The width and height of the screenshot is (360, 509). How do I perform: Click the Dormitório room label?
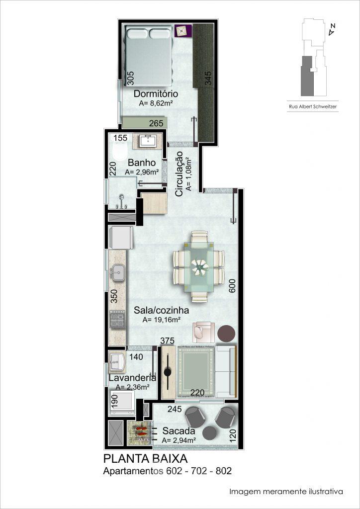click(x=156, y=94)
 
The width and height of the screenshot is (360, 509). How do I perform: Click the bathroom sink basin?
click(x=148, y=141)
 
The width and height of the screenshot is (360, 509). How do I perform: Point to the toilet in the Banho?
click(x=120, y=149)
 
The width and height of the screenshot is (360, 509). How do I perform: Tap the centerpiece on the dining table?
click(x=199, y=267)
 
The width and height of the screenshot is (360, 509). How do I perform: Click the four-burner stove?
click(x=117, y=320)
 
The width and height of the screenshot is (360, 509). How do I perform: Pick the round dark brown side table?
click(x=226, y=334)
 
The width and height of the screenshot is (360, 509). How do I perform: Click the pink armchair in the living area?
click(x=203, y=332)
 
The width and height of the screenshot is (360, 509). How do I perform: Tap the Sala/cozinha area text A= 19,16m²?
click(x=161, y=320)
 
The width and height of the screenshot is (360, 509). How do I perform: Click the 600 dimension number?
click(x=232, y=286)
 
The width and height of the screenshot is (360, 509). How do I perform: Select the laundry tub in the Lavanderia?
click(x=117, y=362)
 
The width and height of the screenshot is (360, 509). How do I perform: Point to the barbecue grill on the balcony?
click(x=139, y=433)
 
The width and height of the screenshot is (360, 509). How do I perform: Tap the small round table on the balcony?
click(x=210, y=432)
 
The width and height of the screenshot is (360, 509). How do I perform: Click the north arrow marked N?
click(x=331, y=30)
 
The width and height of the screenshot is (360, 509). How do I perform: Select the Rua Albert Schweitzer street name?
click(x=313, y=106)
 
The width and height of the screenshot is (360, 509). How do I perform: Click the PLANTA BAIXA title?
click(x=145, y=459)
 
